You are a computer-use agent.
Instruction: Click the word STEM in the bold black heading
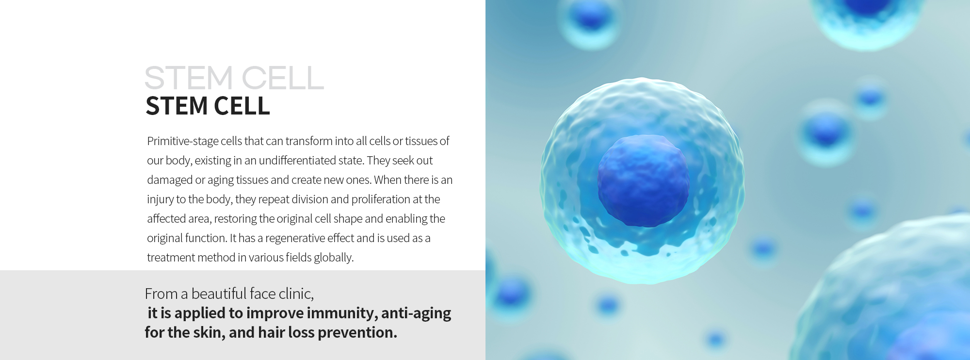175,106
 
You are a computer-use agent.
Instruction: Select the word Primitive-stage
183,142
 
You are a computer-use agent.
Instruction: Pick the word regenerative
295,239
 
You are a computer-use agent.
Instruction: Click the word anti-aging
416,313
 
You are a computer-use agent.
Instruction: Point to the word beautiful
219,294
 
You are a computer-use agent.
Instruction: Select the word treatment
170,258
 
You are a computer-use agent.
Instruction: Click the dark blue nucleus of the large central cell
643,180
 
